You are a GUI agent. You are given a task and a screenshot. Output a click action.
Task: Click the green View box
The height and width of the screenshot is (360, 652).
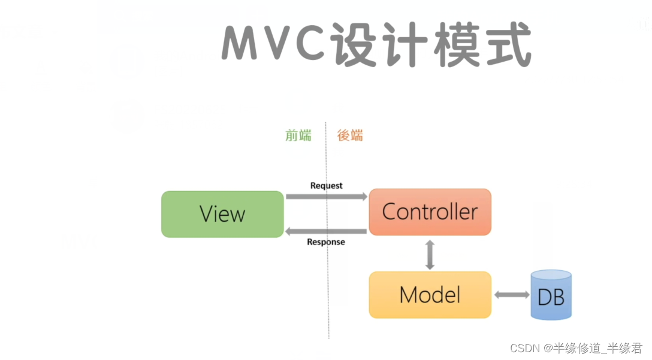(222, 214)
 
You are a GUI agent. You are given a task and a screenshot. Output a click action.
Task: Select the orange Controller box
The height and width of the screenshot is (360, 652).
(430, 211)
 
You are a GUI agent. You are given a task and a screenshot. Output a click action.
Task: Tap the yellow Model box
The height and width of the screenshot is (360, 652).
(430, 295)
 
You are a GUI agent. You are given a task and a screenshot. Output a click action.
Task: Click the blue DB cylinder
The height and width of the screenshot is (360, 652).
(551, 295)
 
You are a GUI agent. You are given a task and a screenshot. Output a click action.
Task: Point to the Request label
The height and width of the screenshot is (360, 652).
(326, 186)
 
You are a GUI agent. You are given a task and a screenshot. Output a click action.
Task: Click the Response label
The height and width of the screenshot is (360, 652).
(326, 242)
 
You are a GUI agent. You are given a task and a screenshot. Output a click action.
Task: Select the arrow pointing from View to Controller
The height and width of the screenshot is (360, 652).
(326, 196)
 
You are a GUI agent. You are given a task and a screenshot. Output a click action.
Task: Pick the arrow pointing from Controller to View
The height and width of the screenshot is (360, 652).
(326, 231)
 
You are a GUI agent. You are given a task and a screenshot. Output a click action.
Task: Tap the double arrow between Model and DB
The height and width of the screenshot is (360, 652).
(511, 295)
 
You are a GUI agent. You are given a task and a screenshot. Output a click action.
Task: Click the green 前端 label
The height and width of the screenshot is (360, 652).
(298, 135)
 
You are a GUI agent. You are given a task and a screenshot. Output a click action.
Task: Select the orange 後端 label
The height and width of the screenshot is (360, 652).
(350, 135)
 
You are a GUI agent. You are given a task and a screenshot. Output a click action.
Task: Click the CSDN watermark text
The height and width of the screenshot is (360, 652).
(523, 348)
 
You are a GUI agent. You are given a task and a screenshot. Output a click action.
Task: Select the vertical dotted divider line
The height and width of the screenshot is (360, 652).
(327, 270)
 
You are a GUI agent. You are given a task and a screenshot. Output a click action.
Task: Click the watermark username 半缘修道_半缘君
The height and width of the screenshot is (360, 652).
(597, 348)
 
